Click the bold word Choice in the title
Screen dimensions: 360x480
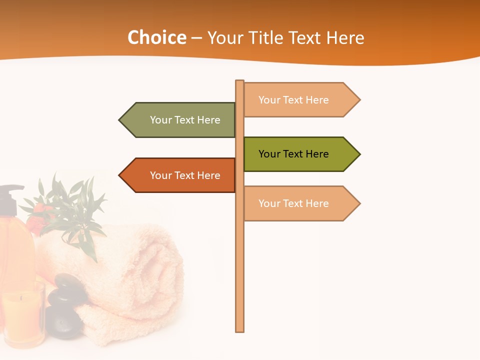pyautogui.click(x=157, y=38)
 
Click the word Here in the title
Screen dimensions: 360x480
pyautogui.click(x=345, y=38)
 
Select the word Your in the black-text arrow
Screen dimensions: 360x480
pyautogui.click(x=269, y=154)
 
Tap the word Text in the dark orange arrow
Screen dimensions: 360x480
pyautogui.click(x=185, y=175)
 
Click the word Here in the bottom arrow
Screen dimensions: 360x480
pyautogui.click(x=316, y=203)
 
